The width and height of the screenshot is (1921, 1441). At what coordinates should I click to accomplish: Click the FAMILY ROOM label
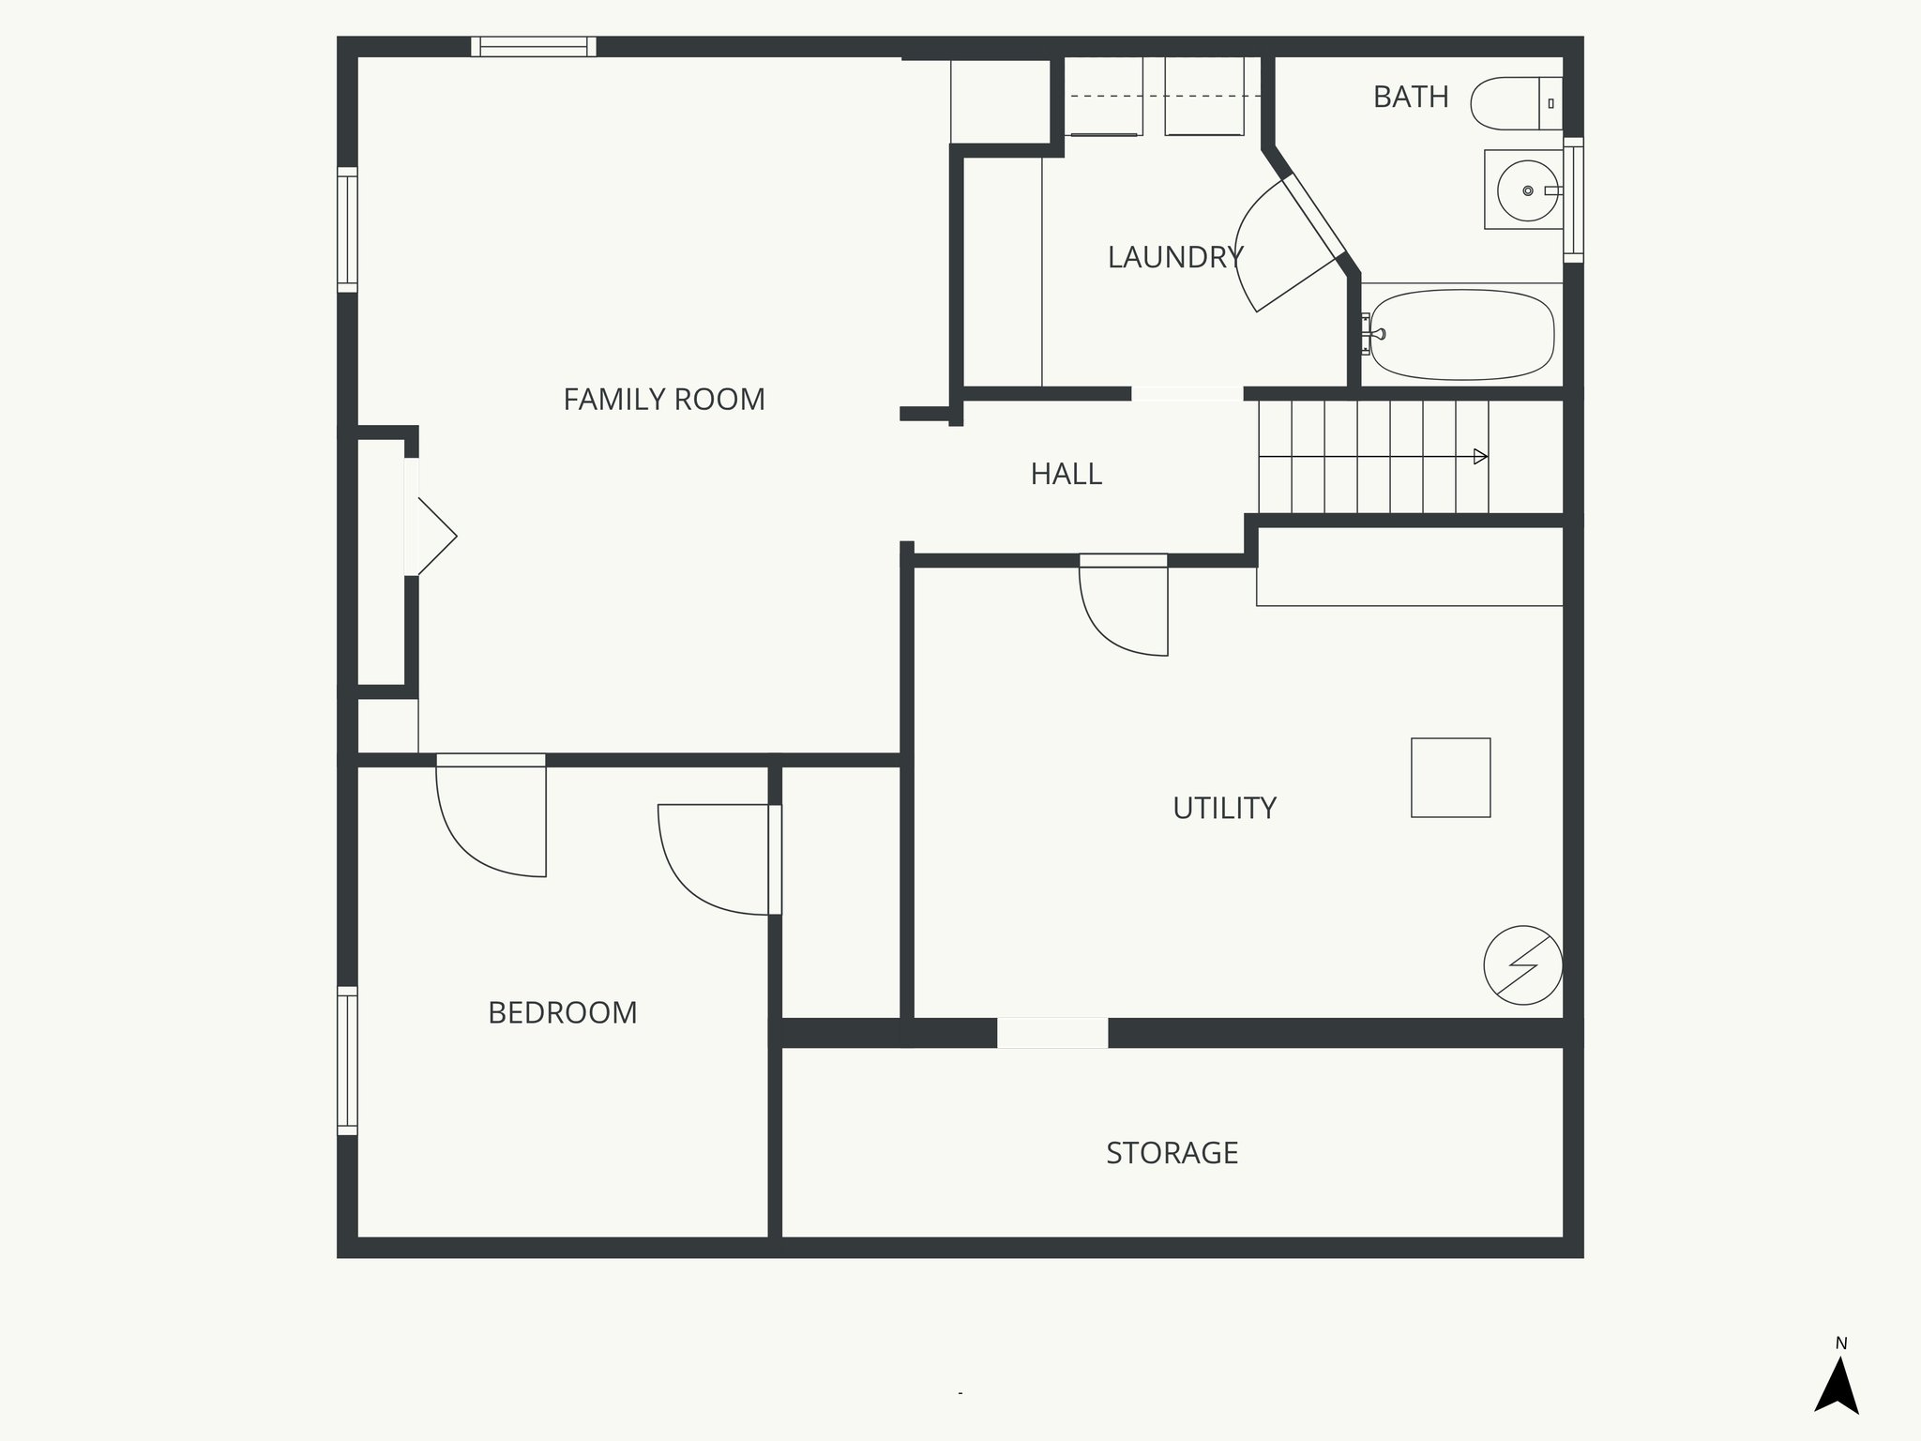click(x=664, y=400)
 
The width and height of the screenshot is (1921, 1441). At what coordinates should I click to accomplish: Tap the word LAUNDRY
click(x=1174, y=257)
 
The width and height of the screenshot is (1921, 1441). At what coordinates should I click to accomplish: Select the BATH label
click(x=1411, y=97)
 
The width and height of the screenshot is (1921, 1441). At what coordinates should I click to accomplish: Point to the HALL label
click(x=1066, y=474)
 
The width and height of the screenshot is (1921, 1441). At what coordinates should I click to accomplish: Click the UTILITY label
click(x=1224, y=808)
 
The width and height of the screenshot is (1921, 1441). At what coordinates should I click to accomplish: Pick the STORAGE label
click(x=1172, y=1152)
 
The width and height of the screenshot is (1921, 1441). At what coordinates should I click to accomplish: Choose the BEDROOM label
click(x=562, y=1012)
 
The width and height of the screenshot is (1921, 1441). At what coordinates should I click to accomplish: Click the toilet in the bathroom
click(x=1512, y=103)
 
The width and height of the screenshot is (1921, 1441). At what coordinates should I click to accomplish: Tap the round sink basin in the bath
click(x=1527, y=190)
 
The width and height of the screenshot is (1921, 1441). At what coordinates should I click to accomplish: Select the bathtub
click(x=1460, y=334)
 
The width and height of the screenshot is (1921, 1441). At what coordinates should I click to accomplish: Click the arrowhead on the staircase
click(x=1480, y=457)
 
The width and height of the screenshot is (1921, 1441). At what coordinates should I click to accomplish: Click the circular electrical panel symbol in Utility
click(x=1522, y=965)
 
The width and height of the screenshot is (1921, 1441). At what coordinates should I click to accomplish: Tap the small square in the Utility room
click(x=1450, y=778)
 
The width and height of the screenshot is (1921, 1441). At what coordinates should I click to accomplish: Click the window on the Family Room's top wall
click(x=533, y=47)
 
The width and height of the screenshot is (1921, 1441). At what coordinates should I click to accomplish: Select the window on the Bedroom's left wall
click(x=347, y=1060)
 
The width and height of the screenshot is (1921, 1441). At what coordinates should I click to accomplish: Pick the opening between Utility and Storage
click(x=1051, y=1033)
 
